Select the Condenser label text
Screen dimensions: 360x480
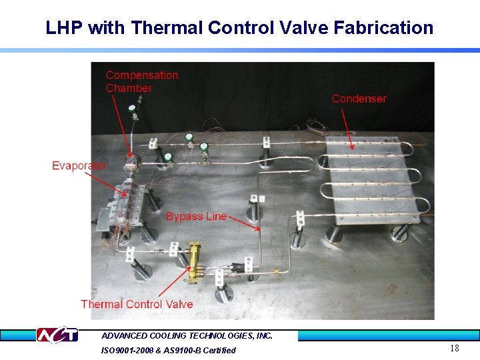pyautogui.click(x=359, y=99)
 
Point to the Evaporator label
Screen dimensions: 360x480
pyautogui.click(x=79, y=165)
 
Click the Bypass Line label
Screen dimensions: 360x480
pyautogui.click(x=196, y=217)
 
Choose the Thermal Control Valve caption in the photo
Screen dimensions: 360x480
pyautogui.click(x=137, y=304)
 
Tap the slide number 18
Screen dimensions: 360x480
pyautogui.click(x=455, y=348)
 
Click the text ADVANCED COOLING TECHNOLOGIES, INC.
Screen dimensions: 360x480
pyautogui.click(x=187, y=336)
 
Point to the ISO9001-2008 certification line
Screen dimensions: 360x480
pyautogui.click(x=168, y=350)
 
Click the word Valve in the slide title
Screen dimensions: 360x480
pyautogui.click(x=306, y=28)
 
